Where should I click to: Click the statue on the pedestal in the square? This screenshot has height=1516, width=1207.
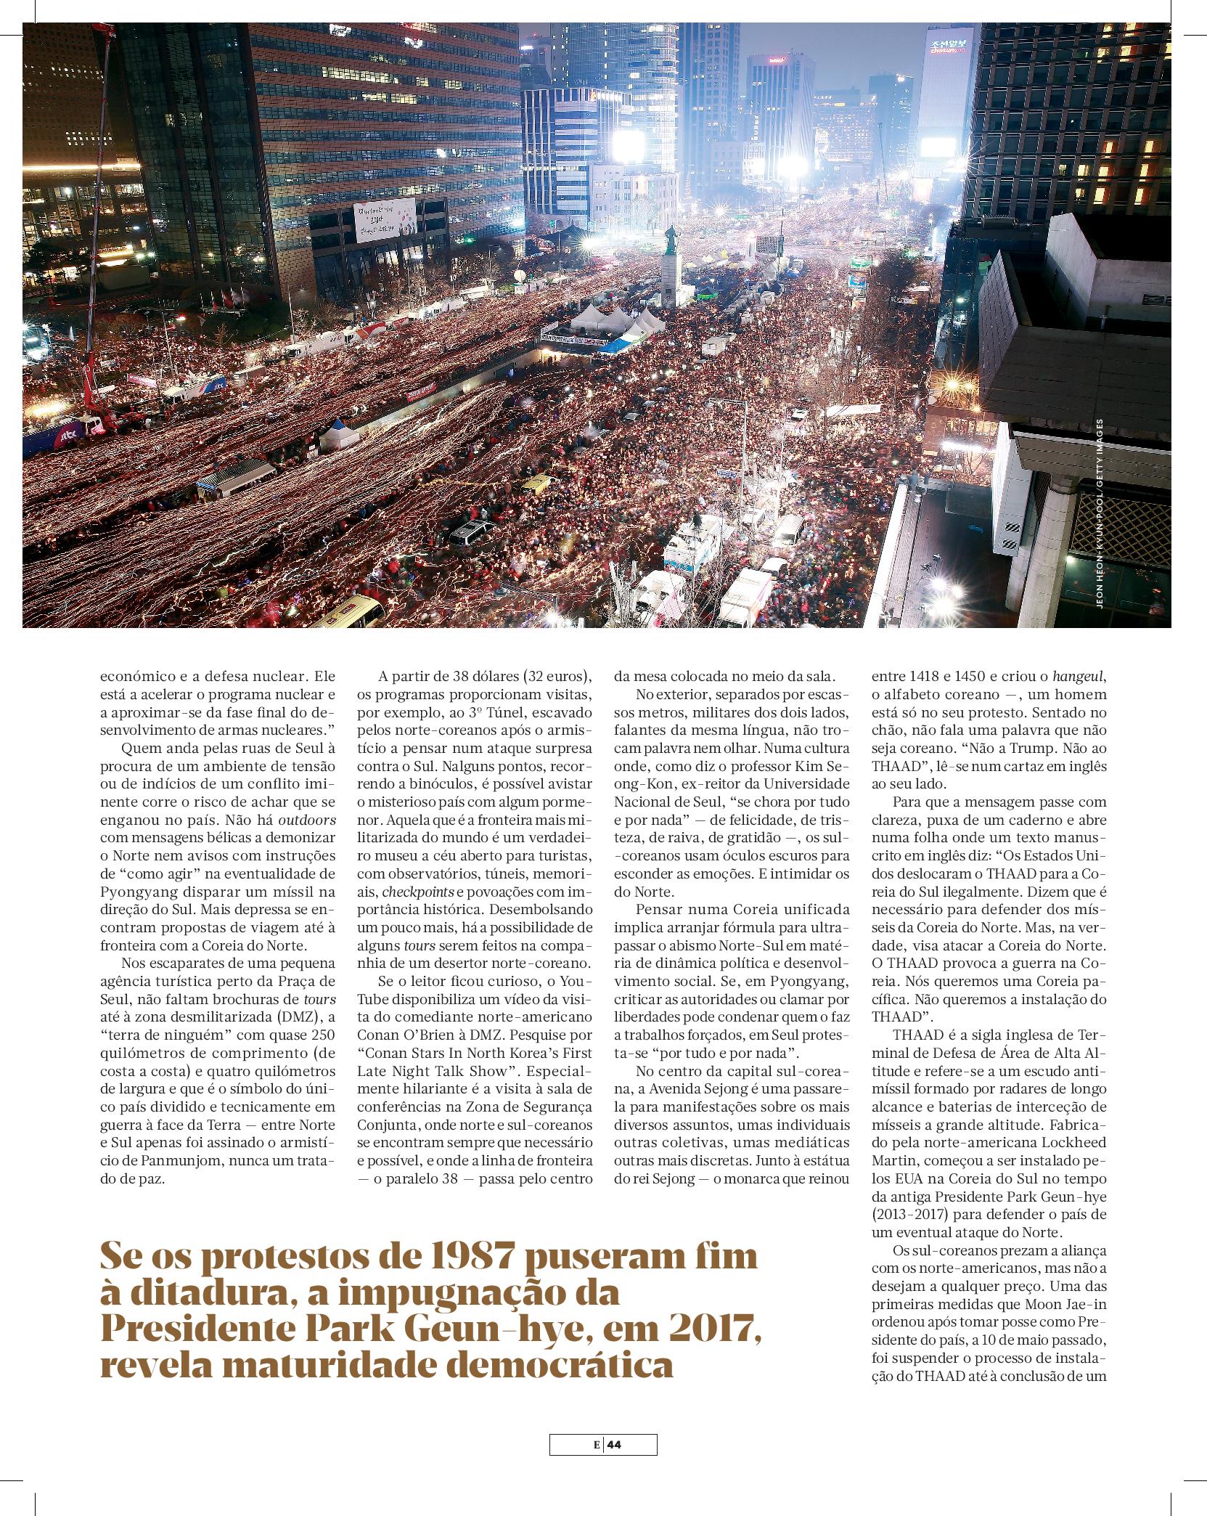pyautogui.click(x=669, y=240)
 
